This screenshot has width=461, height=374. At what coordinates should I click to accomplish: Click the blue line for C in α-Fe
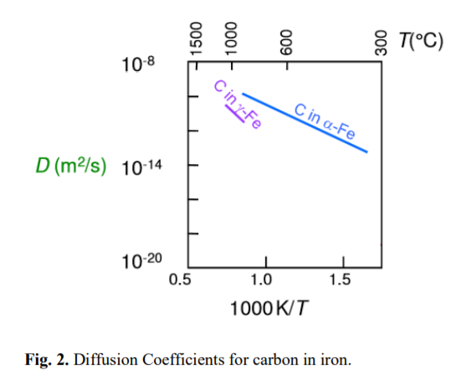[x=305, y=123]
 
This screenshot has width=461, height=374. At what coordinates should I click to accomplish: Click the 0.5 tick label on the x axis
[x=181, y=279]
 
